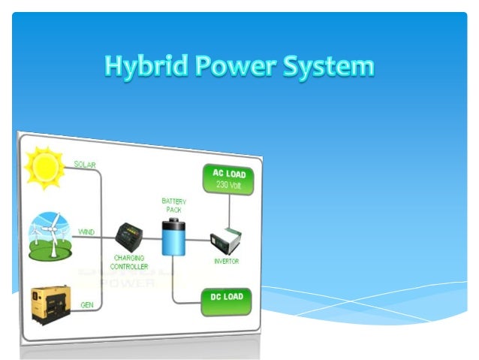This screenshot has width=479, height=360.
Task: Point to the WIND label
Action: (x=86, y=232)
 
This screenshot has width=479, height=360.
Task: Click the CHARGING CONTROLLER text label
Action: (x=129, y=262)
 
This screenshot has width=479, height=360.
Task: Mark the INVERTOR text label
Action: (x=226, y=262)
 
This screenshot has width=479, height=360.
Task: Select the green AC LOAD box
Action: (x=229, y=179)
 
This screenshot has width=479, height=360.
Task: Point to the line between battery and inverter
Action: (x=198, y=241)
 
